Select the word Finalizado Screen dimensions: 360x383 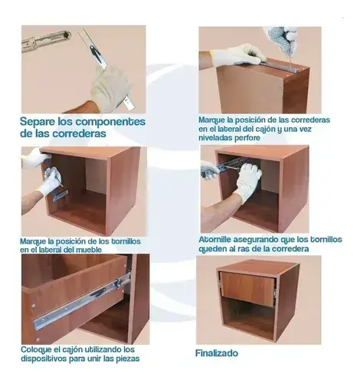coord(217,353)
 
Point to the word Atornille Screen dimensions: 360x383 coord(215,240)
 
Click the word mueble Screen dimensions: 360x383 coord(89,250)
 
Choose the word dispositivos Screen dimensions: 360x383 coord(44,358)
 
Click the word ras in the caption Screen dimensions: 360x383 coord(244,249)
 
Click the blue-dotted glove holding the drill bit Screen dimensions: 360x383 coord(282,41)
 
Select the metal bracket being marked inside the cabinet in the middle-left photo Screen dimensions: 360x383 coord(61,195)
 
